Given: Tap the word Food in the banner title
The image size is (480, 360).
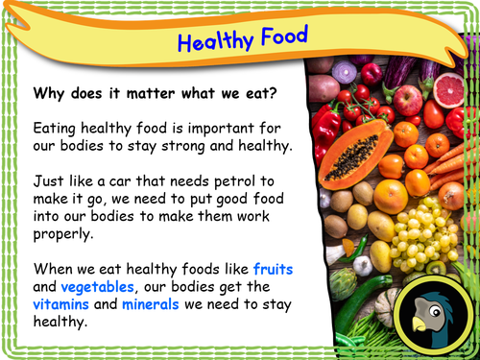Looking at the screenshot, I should pyautogui.click(x=282, y=36).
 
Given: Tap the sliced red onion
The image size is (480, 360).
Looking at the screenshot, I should pyautogui.click(x=346, y=71).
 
